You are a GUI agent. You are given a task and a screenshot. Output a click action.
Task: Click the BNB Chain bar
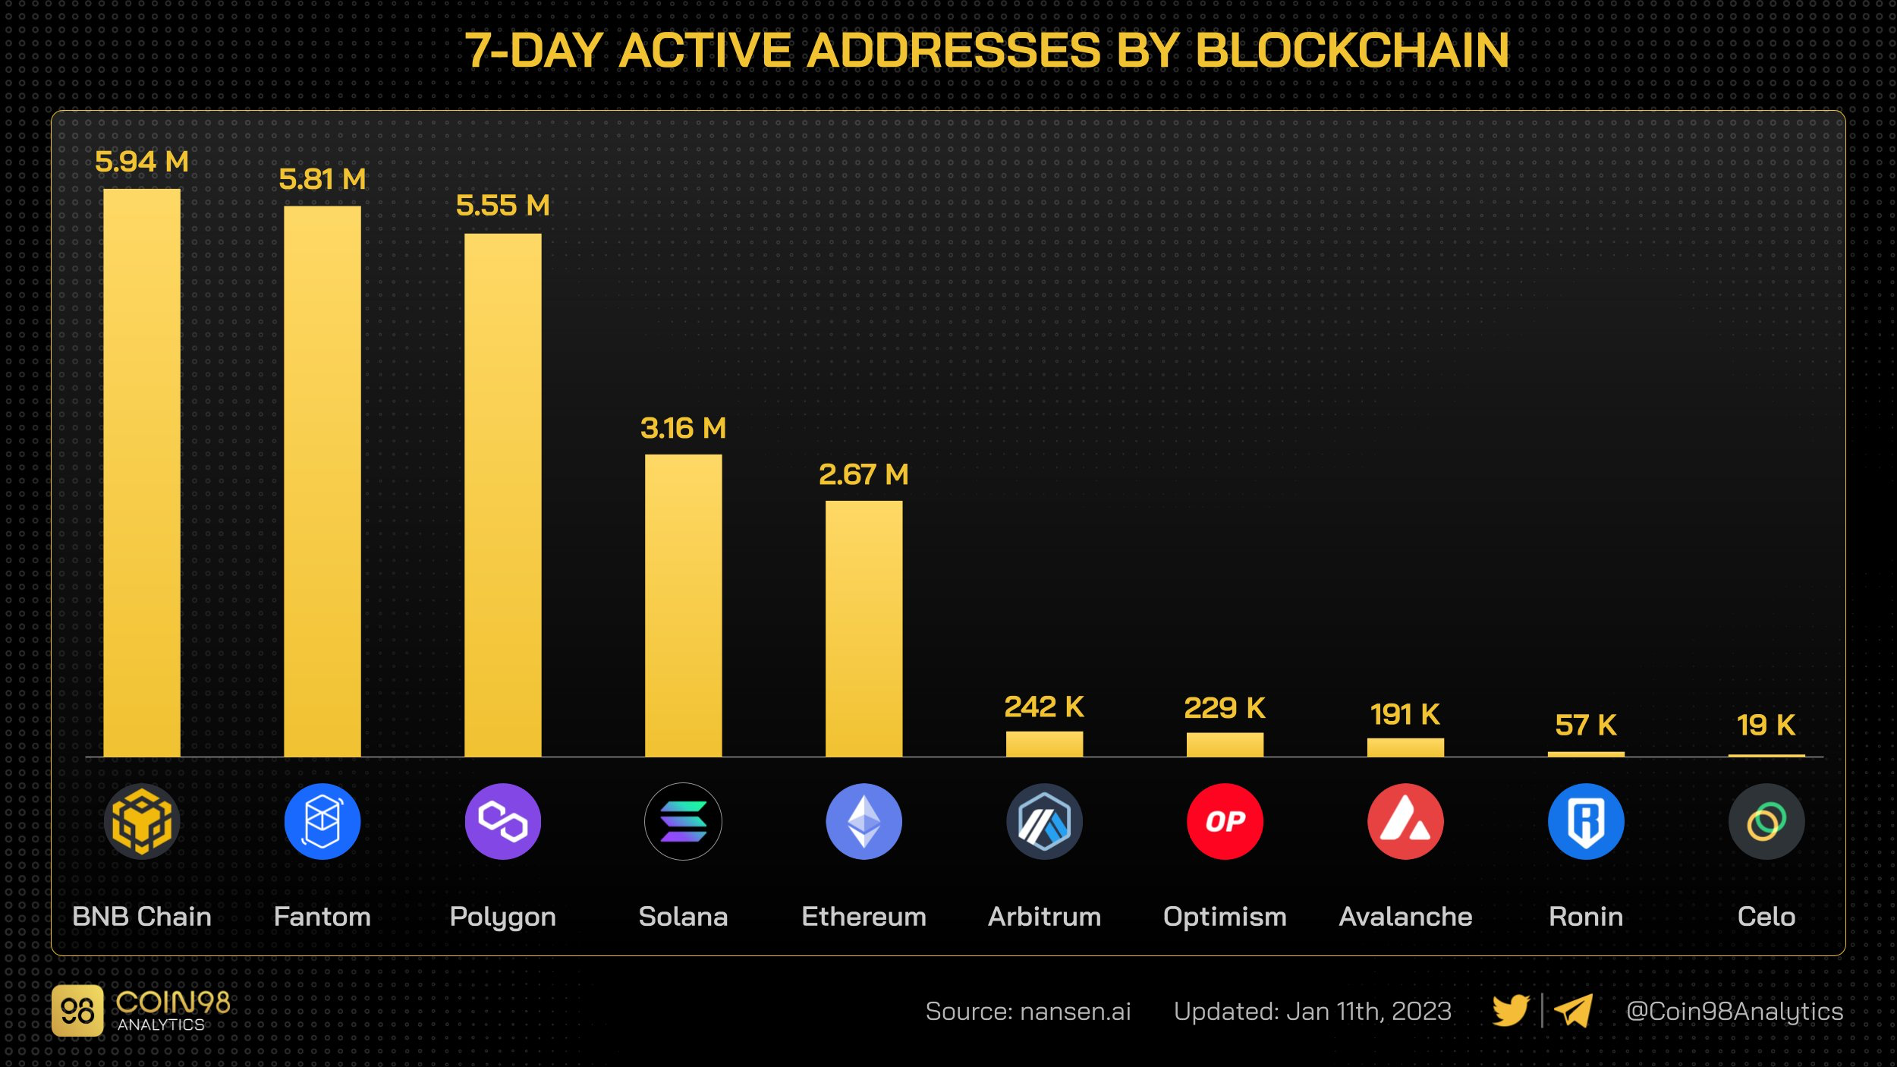tap(142, 472)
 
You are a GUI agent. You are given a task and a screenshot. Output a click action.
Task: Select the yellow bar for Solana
tap(683, 605)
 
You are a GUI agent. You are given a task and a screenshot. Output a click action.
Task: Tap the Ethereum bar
tap(864, 628)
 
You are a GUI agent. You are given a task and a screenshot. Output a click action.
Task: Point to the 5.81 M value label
tap(322, 180)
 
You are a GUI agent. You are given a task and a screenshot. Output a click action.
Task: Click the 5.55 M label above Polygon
tap(502, 206)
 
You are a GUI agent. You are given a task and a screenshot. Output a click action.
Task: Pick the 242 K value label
tap(1044, 707)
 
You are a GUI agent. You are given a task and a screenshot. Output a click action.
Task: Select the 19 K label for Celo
tap(1766, 725)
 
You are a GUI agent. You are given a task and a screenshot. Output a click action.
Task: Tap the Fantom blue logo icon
tap(322, 822)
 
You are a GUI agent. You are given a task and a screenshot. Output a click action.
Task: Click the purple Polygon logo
tap(502, 822)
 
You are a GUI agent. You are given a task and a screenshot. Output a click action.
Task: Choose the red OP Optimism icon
tap(1225, 822)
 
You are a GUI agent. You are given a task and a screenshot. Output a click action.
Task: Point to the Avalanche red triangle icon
tap(1405, 822)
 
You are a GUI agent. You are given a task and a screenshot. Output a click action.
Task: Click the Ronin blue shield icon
tap(1586, 822)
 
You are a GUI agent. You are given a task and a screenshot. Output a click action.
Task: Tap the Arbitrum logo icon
tap(1044, 822)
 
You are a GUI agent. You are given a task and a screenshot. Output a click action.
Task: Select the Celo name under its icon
tap(1766, 917)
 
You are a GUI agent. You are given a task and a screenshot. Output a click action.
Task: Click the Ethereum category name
tap(864, 917)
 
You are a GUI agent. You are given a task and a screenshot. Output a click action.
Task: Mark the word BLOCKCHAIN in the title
tap(1351, 51)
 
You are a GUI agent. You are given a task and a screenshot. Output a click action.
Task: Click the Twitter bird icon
tap(1510, 1011)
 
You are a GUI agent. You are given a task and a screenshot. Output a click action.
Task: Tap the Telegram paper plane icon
tap(1573, 1011)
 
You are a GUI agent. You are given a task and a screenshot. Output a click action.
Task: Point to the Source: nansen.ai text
tap(1027, 1012)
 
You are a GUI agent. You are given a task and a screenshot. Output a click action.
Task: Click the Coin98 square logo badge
tap(77, 1011)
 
